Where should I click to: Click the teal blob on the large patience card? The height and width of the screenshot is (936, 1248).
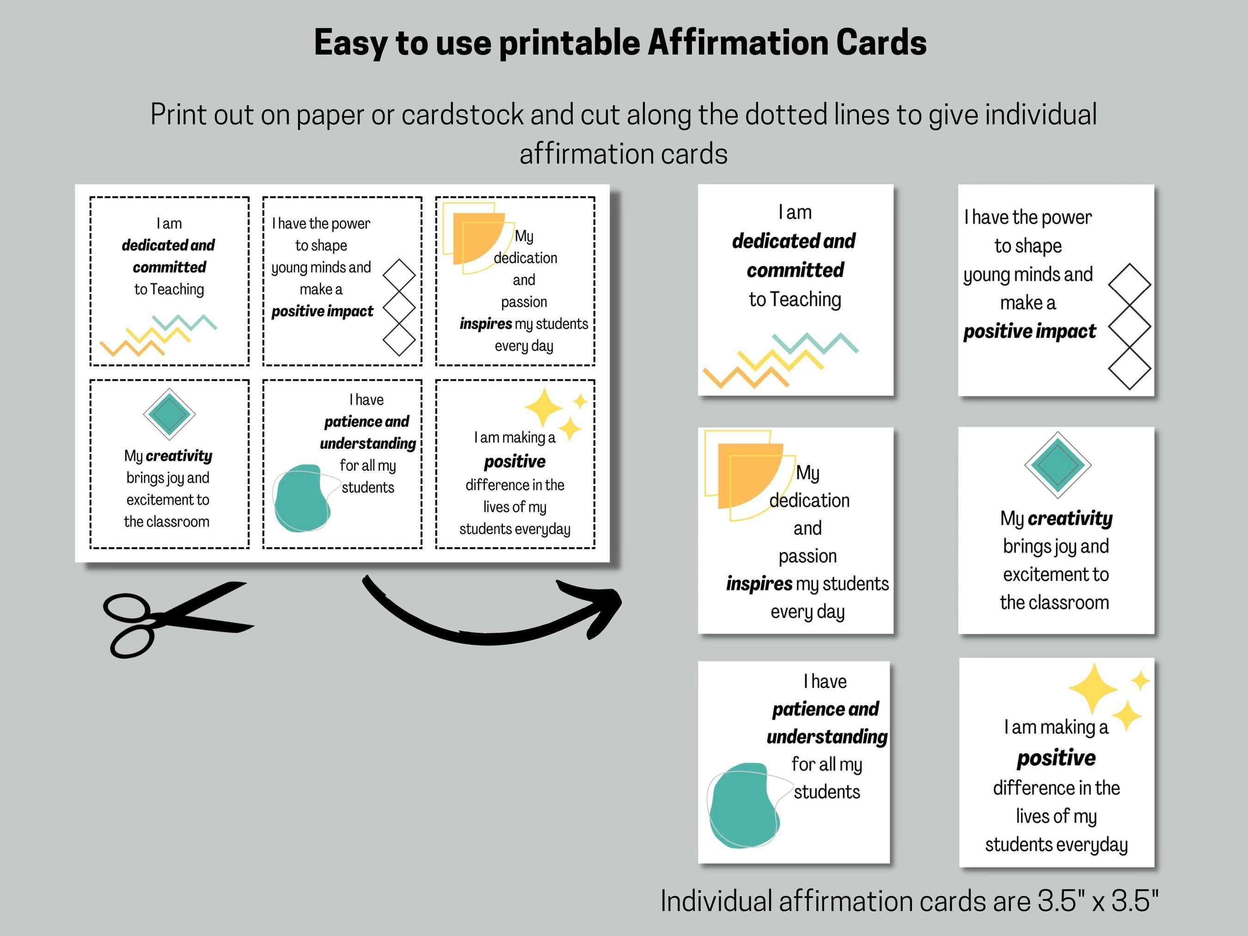coord(744,807)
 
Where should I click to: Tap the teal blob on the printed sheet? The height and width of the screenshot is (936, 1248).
coord(302,498)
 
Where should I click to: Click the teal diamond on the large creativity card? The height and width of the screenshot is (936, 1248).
coord(1057,465)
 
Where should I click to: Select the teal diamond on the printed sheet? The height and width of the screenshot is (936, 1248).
coord(169,414)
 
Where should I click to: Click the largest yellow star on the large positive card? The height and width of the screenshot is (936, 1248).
coord(1093,688)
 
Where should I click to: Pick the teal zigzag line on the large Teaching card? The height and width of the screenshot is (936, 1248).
coord(815,343)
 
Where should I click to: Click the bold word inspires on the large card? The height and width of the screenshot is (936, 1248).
coord(759,583)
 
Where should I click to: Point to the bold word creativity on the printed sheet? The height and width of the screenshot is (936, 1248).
coord(179,455)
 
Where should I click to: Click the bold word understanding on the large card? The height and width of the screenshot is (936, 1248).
coord(826,736)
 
